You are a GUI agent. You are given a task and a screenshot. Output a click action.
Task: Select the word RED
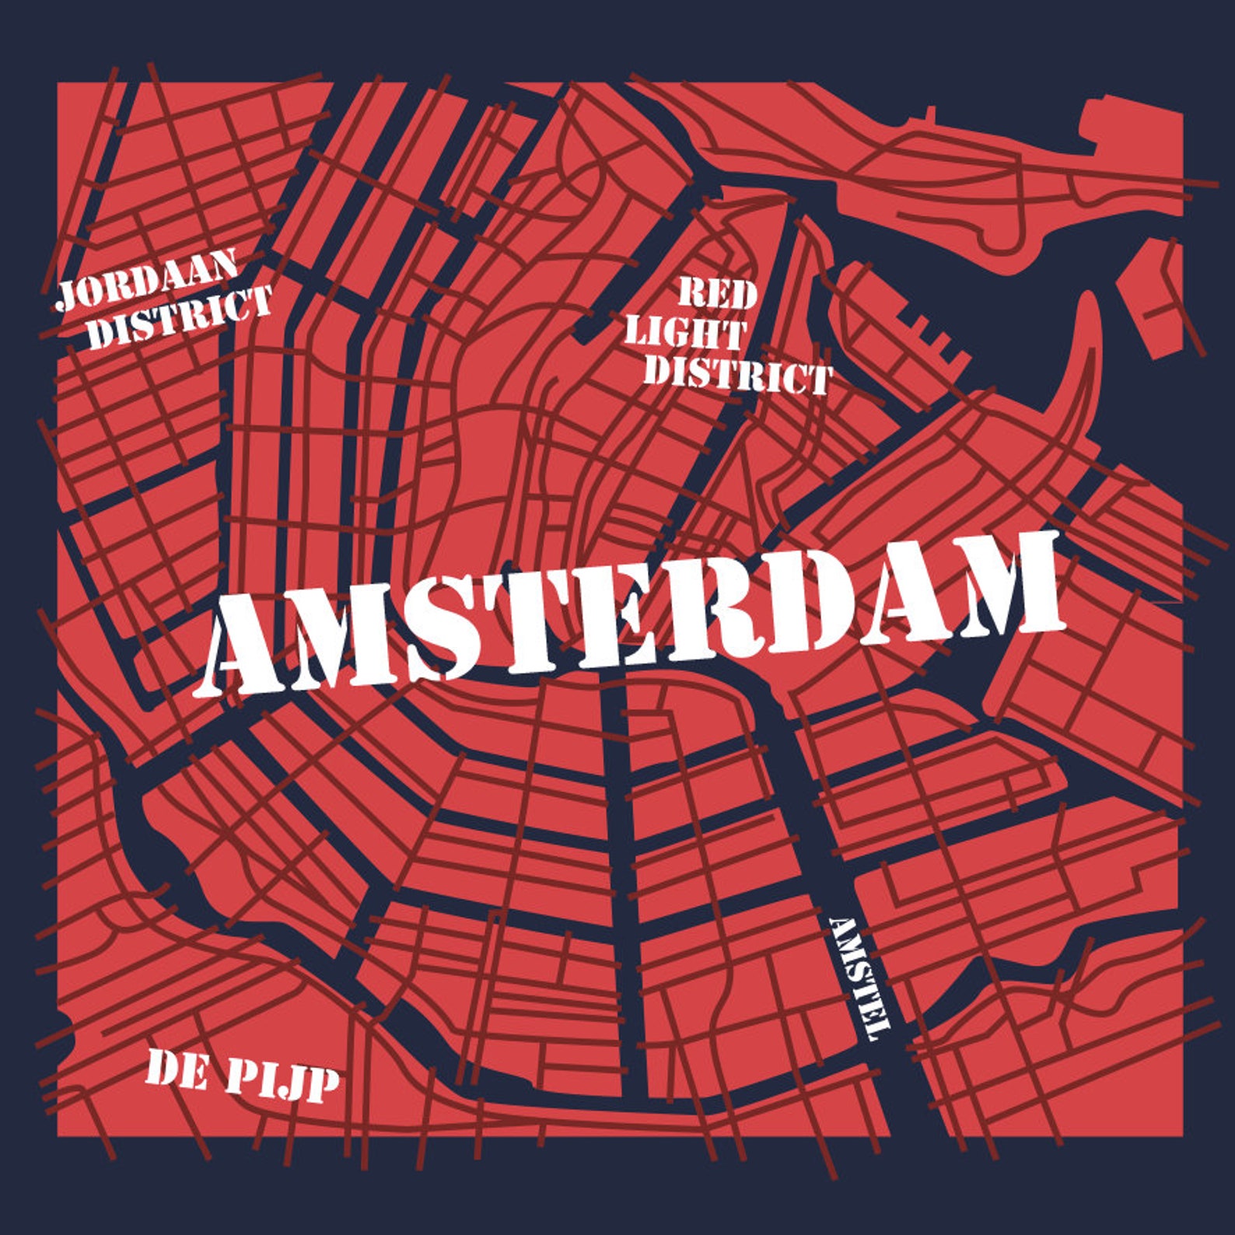point(717,294)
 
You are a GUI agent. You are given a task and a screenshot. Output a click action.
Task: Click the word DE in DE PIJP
point(176,1072)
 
